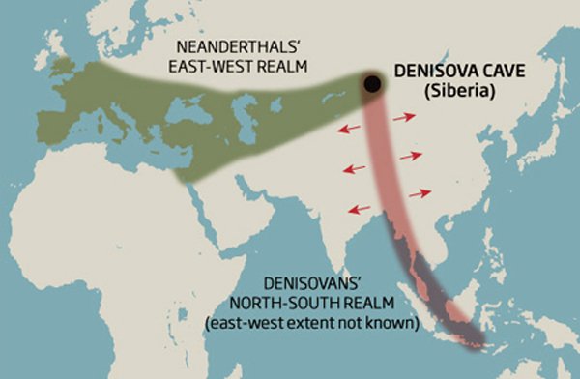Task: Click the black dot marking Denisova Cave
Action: point(370,85)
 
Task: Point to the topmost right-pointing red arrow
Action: point(405,117)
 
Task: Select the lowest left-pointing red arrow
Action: point(360,208)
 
